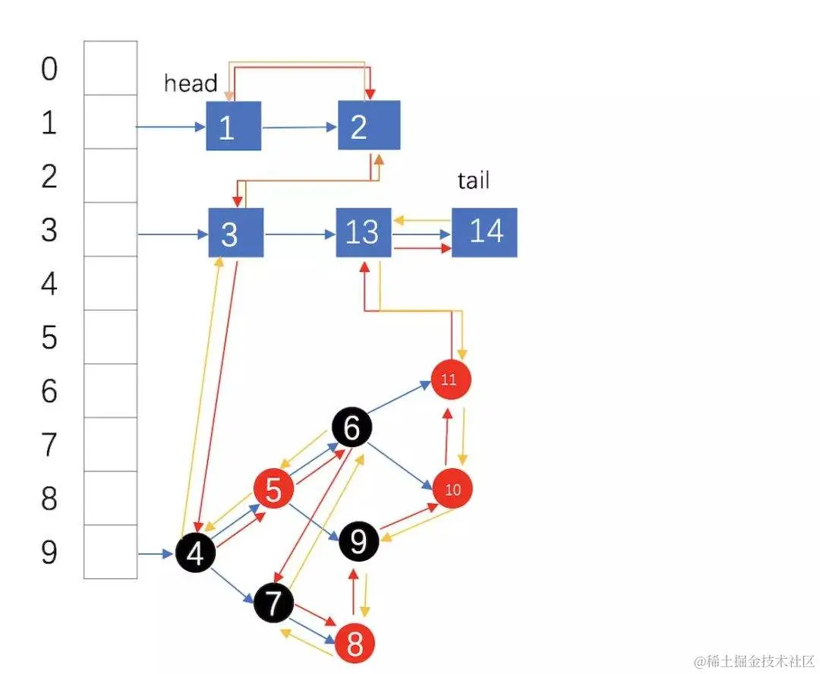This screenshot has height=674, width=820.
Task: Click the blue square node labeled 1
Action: click(x=233, y=126)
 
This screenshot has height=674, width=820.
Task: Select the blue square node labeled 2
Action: click(x=369, y=125)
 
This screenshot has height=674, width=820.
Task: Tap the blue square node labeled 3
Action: click(x=235, y=233)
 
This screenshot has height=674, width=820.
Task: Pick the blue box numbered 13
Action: click(x=363, y=232)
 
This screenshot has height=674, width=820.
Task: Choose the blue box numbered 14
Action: click(x=484, y=232)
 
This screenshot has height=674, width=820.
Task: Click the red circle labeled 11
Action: click(x=450, y=380)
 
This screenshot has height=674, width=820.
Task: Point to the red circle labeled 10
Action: click(x=453, y=489)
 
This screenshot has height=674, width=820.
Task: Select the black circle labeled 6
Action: click(x=352, y=428)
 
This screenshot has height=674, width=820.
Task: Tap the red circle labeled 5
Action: click(x=273, y=490)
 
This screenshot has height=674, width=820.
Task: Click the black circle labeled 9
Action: click(x=358, y=541)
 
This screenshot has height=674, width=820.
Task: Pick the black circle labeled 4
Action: click(x=195, y=554)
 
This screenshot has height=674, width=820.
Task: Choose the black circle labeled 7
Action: click(x=273, y=603)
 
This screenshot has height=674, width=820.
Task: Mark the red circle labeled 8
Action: click(x=355, y=644)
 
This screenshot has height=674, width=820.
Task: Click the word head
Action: click(x=191, y=83)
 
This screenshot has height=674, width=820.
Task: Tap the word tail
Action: click(x=473, y=180)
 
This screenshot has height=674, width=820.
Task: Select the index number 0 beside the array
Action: click(x=49, y=69)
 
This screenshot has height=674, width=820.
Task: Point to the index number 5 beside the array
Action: click(x=49, y=337)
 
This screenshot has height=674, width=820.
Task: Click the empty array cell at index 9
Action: click(x=110, y=552)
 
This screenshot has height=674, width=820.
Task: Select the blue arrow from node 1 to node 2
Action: click(x=299, y=127)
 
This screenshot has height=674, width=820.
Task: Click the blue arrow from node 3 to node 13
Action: click(x=300, y=233)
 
